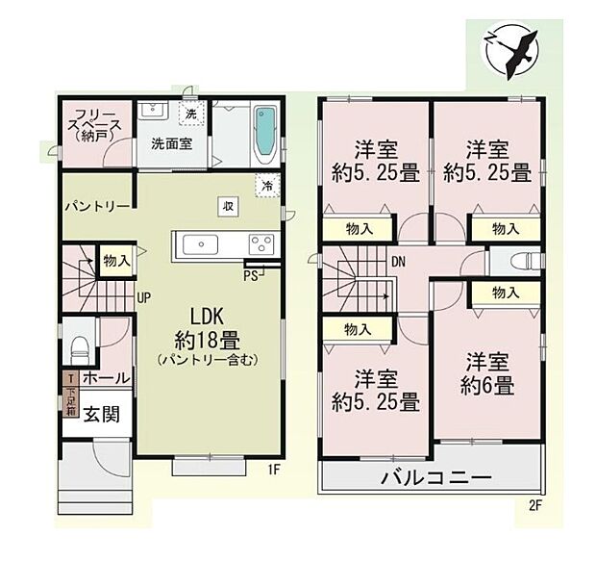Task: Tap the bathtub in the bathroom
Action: coord(264,135)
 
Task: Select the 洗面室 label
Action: coord(170,145)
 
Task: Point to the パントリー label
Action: coord(97,206)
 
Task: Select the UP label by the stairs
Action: coord(141,296)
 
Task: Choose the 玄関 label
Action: coord(100,414)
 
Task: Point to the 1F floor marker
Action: coord(274,471)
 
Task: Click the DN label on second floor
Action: coord(397,261)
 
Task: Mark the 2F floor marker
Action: coord(534,504)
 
